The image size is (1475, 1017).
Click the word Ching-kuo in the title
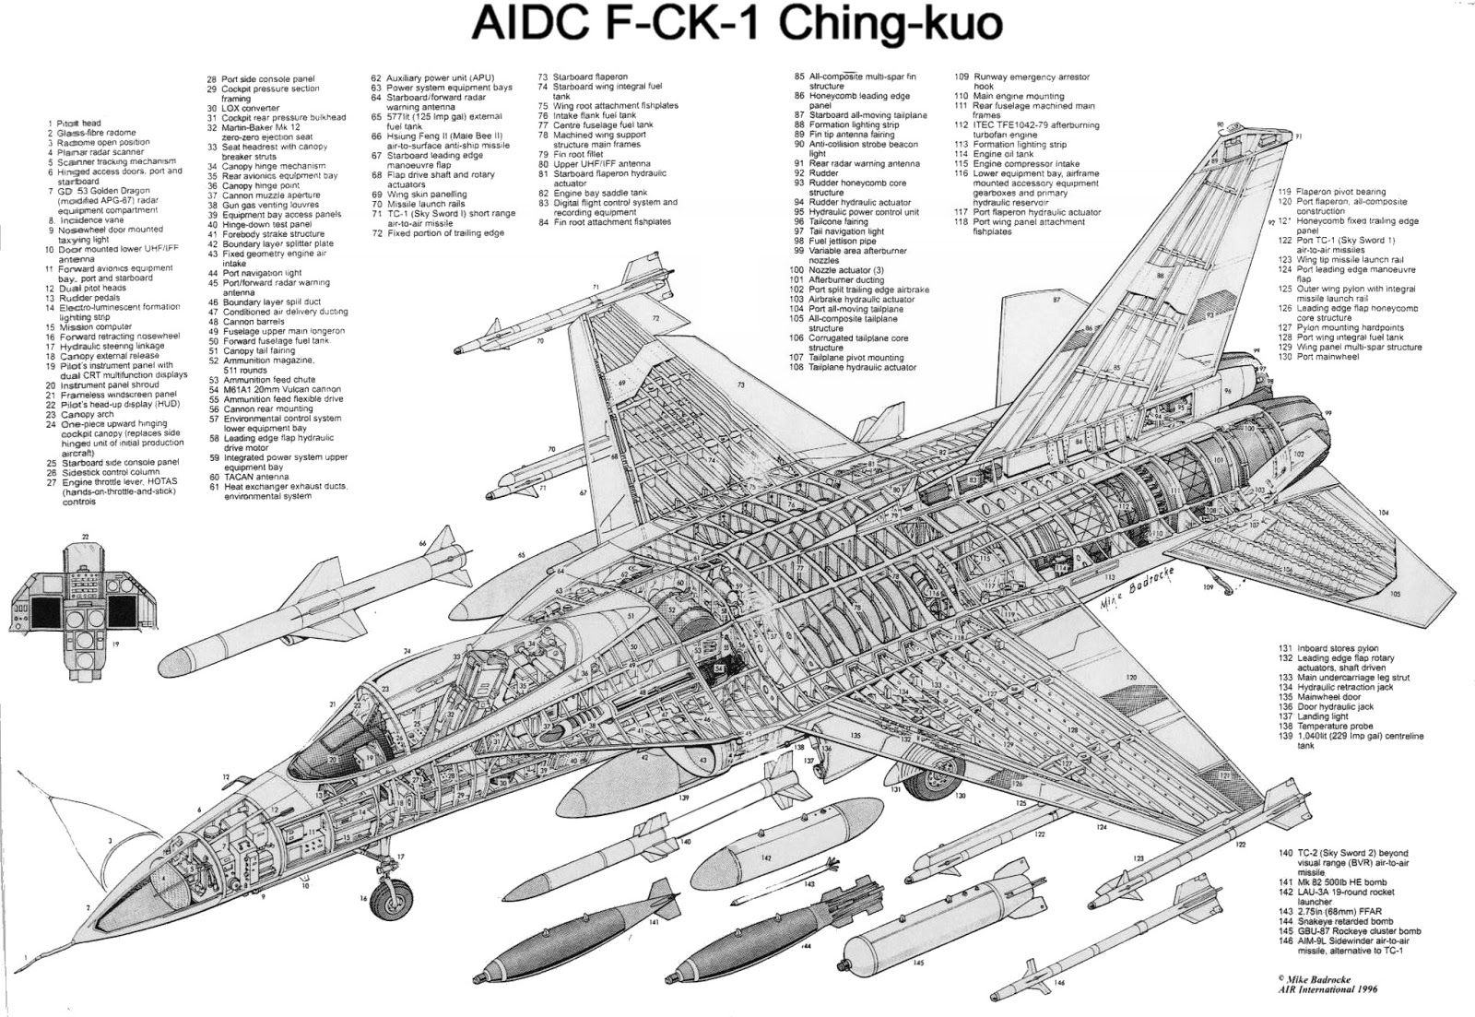(x=890, y=25)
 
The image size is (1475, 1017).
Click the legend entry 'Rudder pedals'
(x=88, y=297)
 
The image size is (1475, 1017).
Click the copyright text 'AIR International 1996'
(x=1327, y=990)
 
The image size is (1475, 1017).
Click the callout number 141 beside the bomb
(x=653, y=921)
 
